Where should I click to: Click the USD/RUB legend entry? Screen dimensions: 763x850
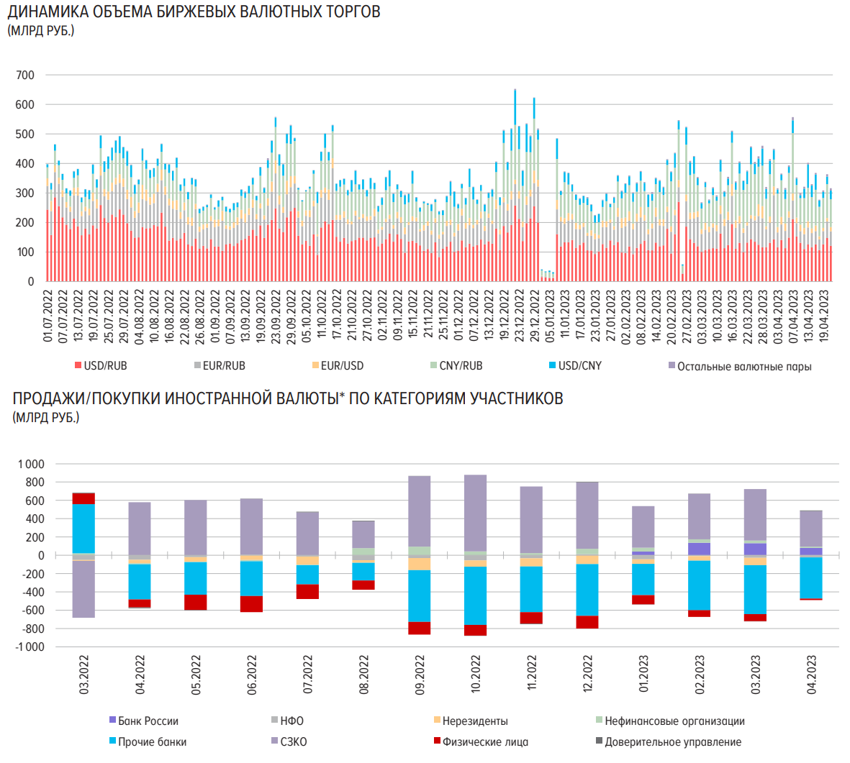pyautogui.click(x=105, y=366)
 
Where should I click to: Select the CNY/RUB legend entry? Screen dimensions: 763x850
pyautogui.click(x=461, y=366)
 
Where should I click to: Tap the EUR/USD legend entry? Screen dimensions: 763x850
pyautogui.click(x=342, y=366)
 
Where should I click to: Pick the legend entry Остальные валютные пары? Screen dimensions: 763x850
pyautogui.click(x=744, y=367)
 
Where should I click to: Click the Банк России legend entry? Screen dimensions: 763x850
pyautogui.click(x=148, y=721)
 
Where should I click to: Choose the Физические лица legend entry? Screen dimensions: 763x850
pyautogui.click(x=485, y=742)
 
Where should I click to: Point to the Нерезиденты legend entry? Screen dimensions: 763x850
pyautogui.click(x=475, y=721)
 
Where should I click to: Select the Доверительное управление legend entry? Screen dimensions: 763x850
pyautogui.click(x=673, y=742)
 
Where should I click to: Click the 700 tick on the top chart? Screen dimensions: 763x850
pyautogui.click(x=25, y=76)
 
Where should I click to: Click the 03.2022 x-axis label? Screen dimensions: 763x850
pyautogui.click(x=83, y=675)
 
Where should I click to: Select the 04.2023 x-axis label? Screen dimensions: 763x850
pyautogui.click(x=812, y=675)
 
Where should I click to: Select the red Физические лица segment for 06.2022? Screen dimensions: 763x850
pyautogui.click(x=251, y=604)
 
